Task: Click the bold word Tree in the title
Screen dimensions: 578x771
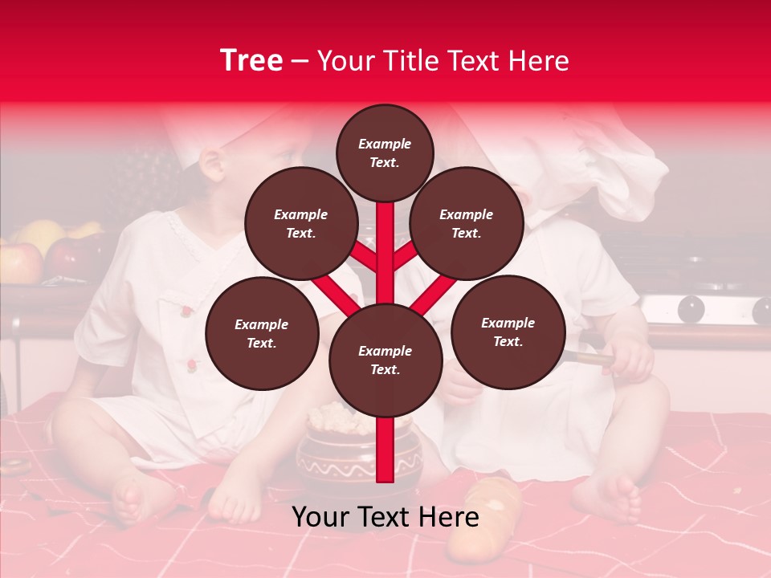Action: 251,60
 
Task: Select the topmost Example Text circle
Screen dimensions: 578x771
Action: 385,153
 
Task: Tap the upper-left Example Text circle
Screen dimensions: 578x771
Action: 300,224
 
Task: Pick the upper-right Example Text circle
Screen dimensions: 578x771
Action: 466,224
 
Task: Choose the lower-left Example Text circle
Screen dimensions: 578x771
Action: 261,334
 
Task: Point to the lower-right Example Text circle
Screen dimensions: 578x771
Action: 508,332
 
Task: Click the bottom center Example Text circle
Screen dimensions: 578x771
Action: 385,360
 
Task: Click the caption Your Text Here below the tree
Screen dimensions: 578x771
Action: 385,517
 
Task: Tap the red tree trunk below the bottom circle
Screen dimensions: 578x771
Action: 385,450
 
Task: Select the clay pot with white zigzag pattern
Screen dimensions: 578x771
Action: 337,458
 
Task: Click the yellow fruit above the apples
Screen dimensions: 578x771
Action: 40,234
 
